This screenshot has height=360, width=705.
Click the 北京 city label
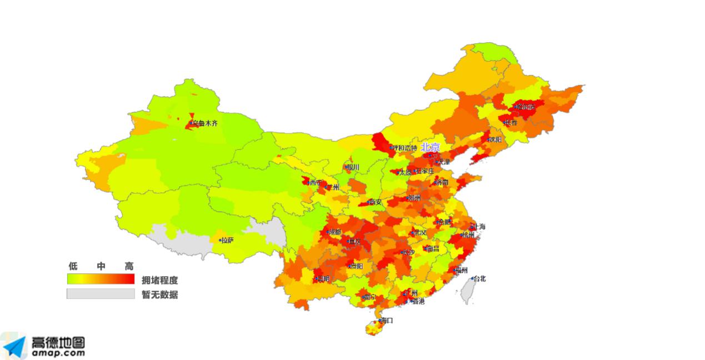coord(430,147)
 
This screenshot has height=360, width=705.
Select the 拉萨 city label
coord(227,241)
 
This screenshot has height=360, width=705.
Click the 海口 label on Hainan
coord(387,321)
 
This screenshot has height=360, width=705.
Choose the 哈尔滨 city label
coord(525,107)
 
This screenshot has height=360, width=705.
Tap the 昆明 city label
coord(323,278)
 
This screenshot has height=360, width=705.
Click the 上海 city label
coord(478,227)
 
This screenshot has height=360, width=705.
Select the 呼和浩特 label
coord(404,148)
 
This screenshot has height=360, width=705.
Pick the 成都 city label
coord(334,232)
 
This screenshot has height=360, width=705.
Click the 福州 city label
coord(461,271)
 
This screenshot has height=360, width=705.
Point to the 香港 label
coord(417,301)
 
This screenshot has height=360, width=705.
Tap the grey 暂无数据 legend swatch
coord(101,293)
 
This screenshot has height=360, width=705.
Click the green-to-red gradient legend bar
coord(101,278)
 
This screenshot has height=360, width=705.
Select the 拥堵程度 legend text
coord(159,280)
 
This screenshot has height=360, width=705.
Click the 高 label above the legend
coord(129,266)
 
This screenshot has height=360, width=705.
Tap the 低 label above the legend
coord(72,266)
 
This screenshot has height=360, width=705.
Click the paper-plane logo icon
coord(13,346)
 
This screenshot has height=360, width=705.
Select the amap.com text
coord(58,353)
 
